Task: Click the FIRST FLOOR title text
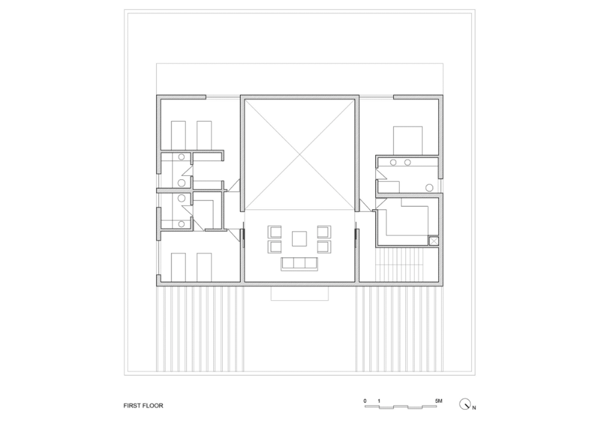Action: pos(143,405)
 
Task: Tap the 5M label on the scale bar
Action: pos(438,401)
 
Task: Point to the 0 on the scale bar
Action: pos(365,401)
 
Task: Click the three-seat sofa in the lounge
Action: pos(299,264)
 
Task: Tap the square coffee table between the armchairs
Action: pos(299,239)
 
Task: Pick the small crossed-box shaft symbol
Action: pos(433,241)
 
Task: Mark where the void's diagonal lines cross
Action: pos(299,155)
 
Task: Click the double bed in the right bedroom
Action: pos(408,140)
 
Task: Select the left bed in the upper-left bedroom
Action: pos(178,135)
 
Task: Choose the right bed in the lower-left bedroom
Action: pos(204,267)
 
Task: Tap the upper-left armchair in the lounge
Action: pos(274,232)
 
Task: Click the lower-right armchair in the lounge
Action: pos(324,247)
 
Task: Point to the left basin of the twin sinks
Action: pos(393,162)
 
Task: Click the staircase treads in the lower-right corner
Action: pos(399,265)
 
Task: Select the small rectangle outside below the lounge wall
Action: pos(299,294)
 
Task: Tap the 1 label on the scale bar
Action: pos(379,401)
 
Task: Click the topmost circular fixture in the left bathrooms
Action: pos(182,157)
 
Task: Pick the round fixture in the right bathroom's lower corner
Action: pos(429,188)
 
